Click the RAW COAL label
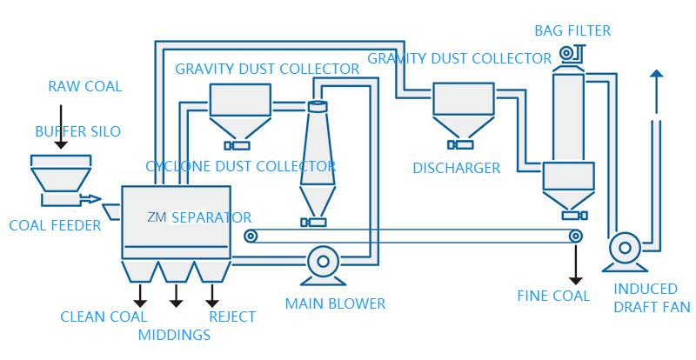(84, 86)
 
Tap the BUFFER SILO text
(77, 131)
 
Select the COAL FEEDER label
(55, 225)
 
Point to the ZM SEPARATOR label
(200, 217)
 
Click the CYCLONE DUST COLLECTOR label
(241, 165)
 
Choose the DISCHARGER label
(457, 168)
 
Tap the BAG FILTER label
(572, 31)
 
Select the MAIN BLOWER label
(335, 303)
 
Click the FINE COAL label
(553, 296)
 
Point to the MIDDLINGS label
(174, 335)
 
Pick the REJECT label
(232, 317)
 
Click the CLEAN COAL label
(104, 317)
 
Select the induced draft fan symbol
(623, 249)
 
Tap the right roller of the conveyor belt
(575, 236)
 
